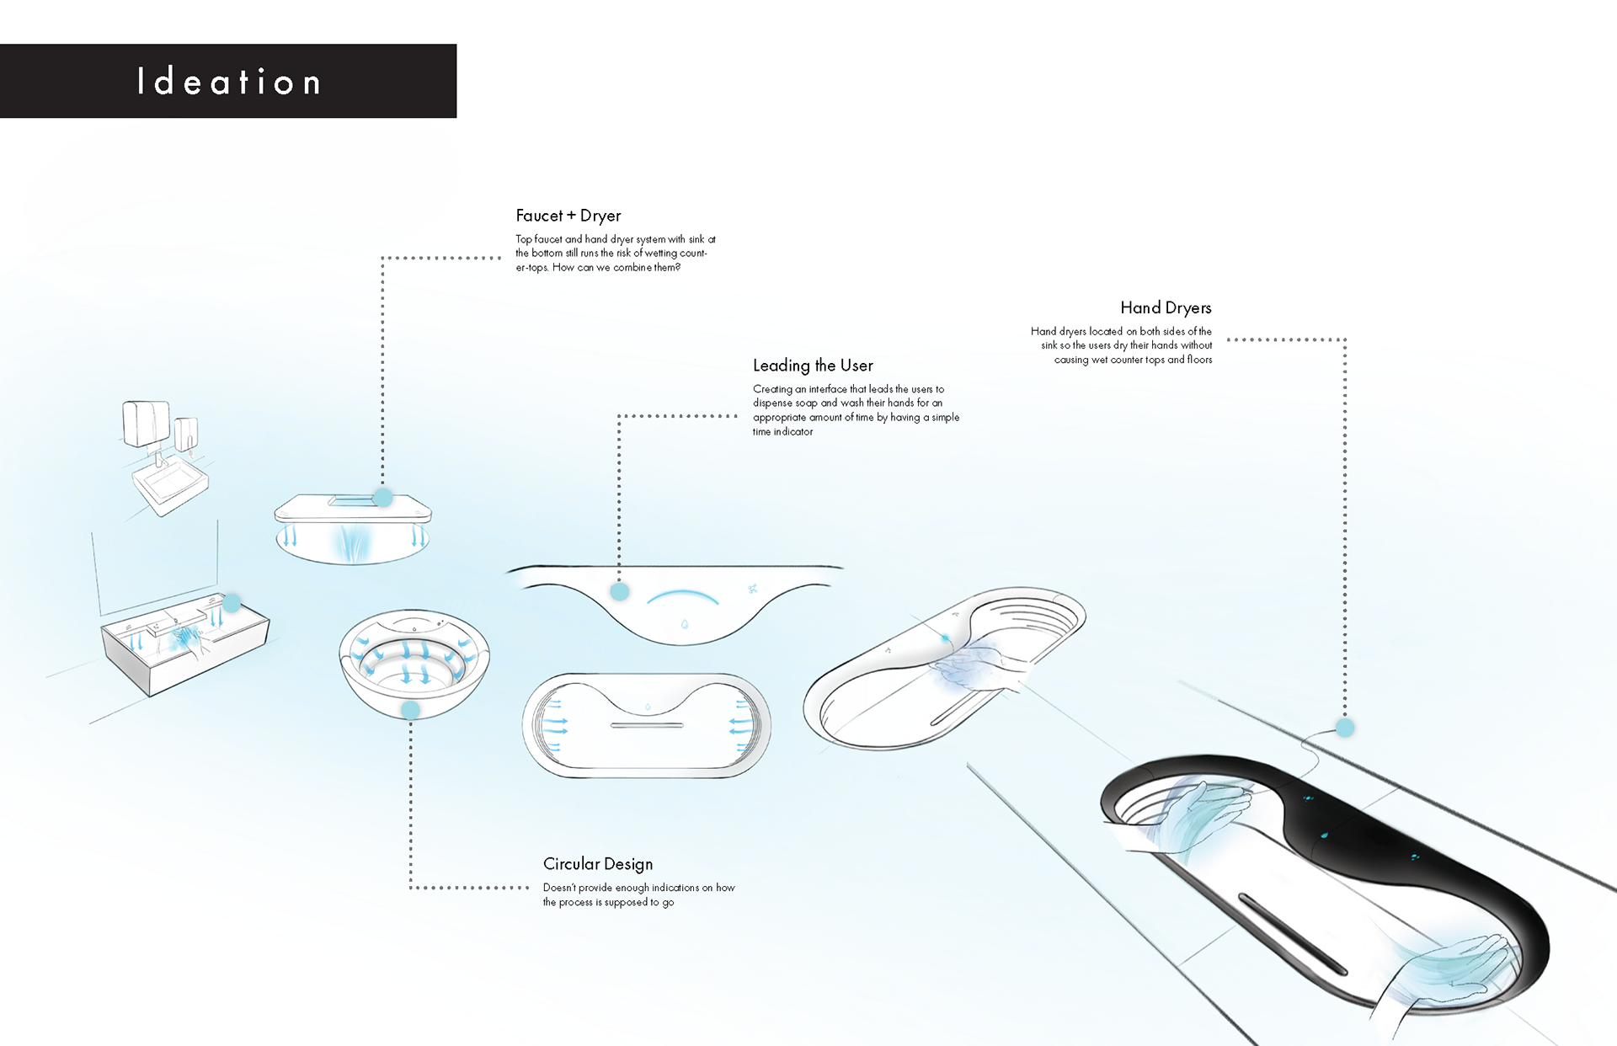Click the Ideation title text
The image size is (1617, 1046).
229,82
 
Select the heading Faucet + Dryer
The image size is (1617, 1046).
568,216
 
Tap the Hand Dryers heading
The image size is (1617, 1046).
1166,308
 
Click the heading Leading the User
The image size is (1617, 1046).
813,366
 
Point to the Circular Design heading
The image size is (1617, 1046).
598,864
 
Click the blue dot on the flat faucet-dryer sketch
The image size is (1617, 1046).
383,498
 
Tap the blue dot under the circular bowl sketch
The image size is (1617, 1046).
411,710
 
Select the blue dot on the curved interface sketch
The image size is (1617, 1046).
620,591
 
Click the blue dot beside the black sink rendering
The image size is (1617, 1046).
1345,728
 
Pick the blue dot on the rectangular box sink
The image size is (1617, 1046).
232,603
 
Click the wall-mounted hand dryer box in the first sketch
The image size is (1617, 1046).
147,423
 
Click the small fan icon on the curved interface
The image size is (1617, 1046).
752,589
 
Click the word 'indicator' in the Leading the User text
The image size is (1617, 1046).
793,432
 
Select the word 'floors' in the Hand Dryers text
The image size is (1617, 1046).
1199,360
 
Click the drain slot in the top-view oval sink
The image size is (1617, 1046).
647,725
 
